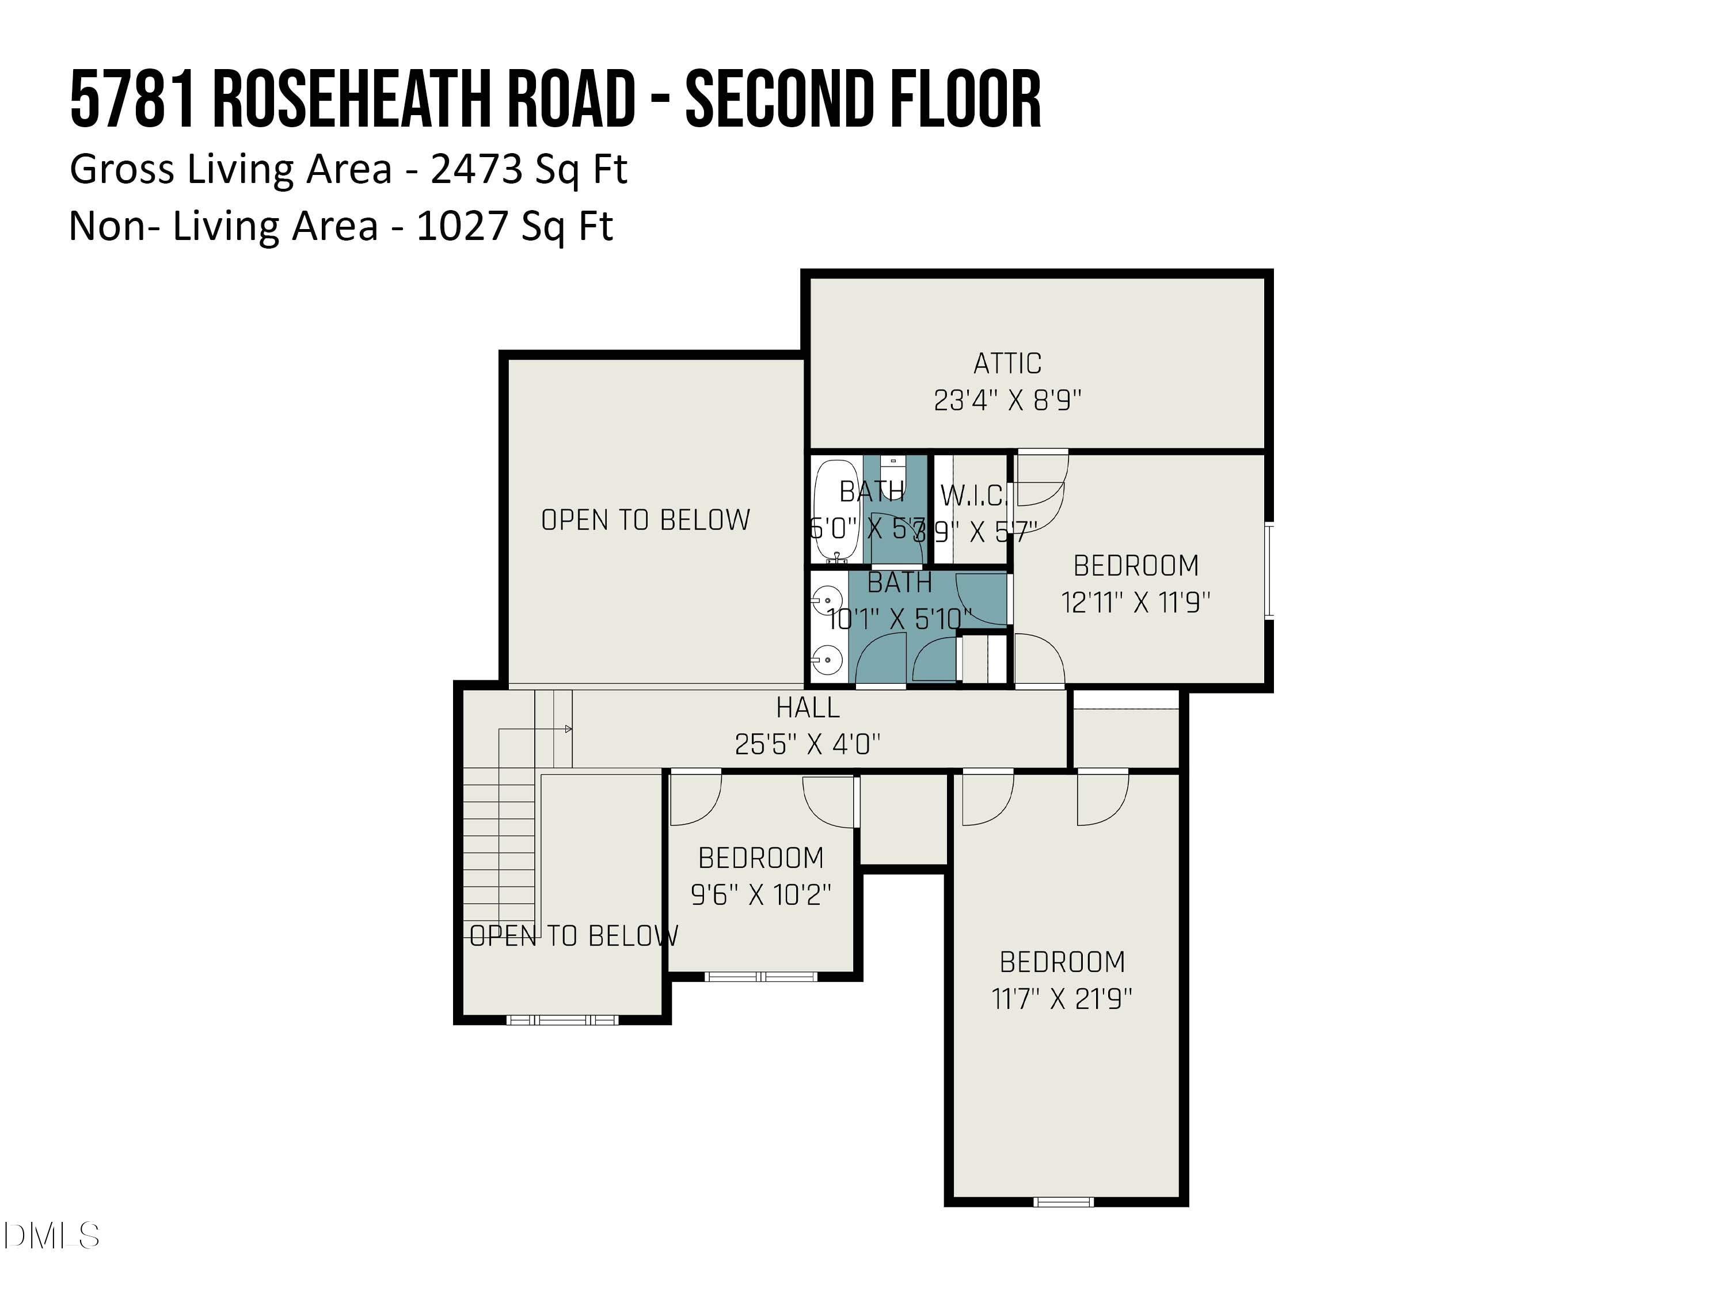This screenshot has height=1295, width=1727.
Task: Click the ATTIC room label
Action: (x=1007, y=364)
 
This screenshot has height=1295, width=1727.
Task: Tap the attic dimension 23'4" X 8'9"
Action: (x=1007, y=401)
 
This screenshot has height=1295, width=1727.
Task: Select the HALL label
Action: (x=807, y=708)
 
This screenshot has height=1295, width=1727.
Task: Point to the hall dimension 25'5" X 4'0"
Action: (x=807, y=744)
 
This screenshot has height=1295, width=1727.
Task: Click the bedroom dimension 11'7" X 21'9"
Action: (x=1062, y=999)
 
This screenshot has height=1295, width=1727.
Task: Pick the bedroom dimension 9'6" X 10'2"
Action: (x=760, y=894)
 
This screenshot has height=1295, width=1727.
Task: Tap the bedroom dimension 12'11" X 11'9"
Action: (x=1135, y=603)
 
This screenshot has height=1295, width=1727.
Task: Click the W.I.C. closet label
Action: (x=973, y=496)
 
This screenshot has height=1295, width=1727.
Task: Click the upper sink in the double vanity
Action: (x=824, y=601)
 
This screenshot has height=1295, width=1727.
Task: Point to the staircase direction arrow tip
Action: (x=569, y=729)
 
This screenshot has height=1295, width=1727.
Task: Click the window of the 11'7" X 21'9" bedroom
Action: (x=1063, y=1201)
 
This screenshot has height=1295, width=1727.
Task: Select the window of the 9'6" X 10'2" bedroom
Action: (x=760, y=977)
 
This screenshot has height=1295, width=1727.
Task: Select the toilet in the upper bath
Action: (x=893, y=473)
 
